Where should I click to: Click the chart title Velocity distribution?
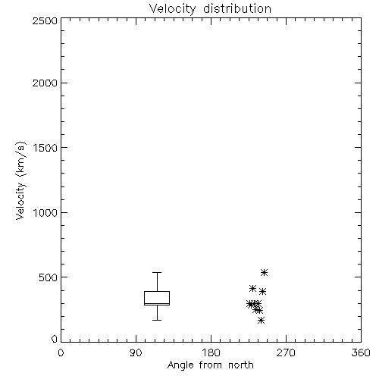[210, 8]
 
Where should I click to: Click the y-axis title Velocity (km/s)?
[20, 180]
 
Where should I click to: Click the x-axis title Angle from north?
[210, 365]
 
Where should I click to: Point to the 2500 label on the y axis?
[45, 21]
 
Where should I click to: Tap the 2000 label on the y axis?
[45, 83]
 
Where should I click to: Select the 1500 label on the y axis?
[45, 148]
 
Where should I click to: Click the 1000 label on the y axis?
[45, 212]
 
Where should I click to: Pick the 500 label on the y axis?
[49, 277]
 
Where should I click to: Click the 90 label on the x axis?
[136, 352]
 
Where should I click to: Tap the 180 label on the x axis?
[211, 352]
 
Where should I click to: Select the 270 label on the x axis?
[286, 352]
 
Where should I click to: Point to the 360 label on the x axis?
[361, 352]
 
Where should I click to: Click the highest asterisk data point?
[264, 272]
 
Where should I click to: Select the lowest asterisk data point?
[262, 321]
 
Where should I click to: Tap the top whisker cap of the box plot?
[157, 272]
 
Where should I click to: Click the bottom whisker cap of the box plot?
[157, 320]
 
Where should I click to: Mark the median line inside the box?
[157, 303]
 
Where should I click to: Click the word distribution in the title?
[237, 8]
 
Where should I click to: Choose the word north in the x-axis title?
[241, 365]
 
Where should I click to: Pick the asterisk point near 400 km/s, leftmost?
[252, 288]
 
